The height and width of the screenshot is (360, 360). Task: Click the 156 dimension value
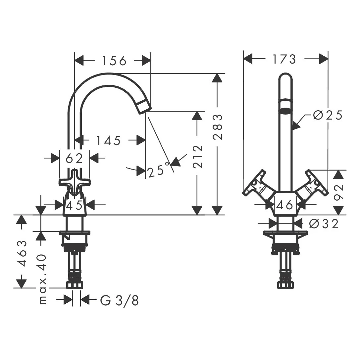(114, 61)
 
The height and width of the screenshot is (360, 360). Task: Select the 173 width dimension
(284, 59)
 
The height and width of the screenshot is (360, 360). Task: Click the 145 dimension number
(108, 140)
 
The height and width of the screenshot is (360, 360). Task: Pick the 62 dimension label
(74, 158)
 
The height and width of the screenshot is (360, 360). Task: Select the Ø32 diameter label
(324, 224)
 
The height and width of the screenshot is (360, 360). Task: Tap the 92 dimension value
(338, 192)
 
